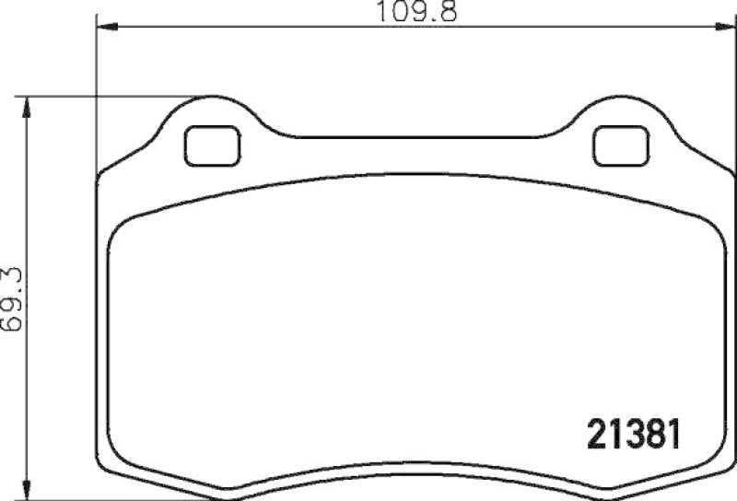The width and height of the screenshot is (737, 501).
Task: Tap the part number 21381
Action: point(636,434)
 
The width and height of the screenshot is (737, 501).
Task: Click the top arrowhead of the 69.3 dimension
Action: point(29,104)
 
